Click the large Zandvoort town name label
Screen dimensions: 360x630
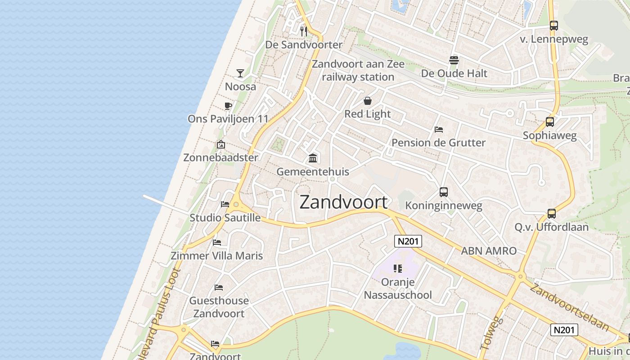(x=343, y=202)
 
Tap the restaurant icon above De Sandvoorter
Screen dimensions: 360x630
(x=304, y=31)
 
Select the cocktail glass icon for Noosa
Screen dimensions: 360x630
(x=240, y=73)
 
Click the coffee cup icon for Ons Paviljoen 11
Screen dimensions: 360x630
(x=228, y=106)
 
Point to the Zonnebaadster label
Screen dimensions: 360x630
(x=220, y=157)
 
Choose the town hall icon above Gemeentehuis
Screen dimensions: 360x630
(x=313, y=158)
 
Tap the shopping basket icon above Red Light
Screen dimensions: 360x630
(x=368, y=101)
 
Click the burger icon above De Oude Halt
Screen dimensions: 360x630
(x=454, y=60)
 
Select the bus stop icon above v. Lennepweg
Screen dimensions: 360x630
(x=554, y=26)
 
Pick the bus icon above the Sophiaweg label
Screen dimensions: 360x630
(x=549, y=121)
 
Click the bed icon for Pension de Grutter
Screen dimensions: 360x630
(x=439, y=130)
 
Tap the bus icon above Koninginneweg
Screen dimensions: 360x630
(x=444, y=192)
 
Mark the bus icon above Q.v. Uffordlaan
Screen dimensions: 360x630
(x=552, y=213)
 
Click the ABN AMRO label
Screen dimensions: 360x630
(x=489, y=251)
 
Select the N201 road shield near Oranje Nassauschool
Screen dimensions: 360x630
(x=408, y=241)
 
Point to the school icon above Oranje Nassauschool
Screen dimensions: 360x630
(x=397, y=269)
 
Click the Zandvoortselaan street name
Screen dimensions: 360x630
(x=569, y=307)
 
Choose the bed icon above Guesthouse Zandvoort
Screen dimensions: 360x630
(x=219, y=287)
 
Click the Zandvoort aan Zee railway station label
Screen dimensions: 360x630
(x=358, y=71)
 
